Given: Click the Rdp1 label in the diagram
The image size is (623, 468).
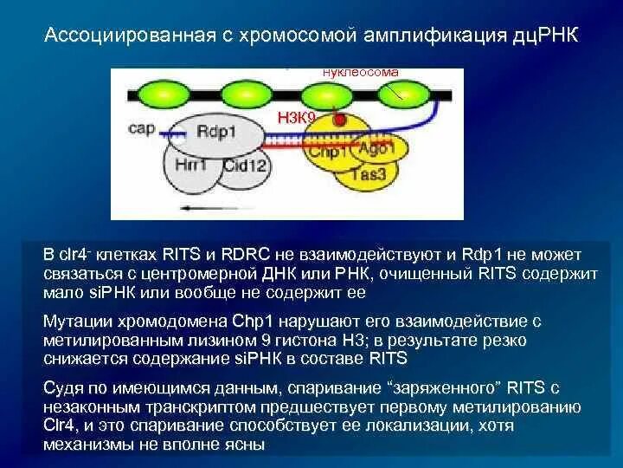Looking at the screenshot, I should point(218,131).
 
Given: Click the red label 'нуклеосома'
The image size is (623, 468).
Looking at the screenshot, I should point(360,72).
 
